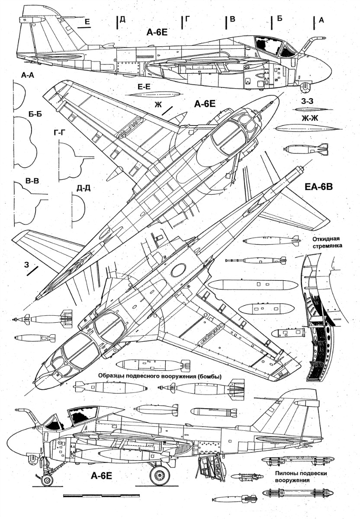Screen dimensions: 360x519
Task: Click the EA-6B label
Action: click(318, 187)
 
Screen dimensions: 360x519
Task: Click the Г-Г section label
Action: click(58, 134)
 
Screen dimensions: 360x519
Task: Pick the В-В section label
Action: click(32, 181)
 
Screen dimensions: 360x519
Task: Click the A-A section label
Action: click(27, 75)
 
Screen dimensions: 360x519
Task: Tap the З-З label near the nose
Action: click(307, 101)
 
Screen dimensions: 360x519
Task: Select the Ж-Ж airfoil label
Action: click(310, 119)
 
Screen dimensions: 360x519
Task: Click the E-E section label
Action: click(144, 87)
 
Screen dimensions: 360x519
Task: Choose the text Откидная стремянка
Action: click(327, 242)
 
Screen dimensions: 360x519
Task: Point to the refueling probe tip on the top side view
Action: click(324, 38)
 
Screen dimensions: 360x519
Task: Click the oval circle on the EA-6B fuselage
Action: click(179, 270)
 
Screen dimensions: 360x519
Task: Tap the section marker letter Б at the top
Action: click(280, 19)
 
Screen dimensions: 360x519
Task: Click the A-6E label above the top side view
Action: click(157, 32)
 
